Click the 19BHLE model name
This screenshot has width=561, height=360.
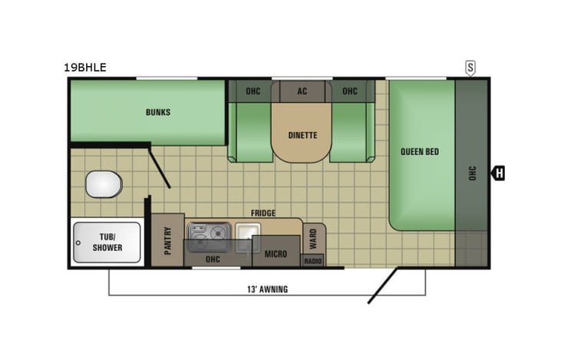[85, 68]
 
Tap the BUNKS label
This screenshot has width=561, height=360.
[158, 112]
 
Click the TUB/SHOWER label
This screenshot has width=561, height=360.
[107, 243]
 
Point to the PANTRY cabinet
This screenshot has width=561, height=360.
[167, 239]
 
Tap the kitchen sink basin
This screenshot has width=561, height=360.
[246, 231]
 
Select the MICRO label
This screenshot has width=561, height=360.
[276, 253]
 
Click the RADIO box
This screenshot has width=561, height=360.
[312, 261]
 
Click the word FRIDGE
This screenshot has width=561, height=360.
[262, 213]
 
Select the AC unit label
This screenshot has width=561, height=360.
[302, 91]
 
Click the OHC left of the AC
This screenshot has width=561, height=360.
[253, 91]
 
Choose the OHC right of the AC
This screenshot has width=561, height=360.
[350, 91]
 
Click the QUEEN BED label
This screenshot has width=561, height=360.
[420, 152]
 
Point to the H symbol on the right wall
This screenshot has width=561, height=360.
[499, 173]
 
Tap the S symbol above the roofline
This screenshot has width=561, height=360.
[470, 68]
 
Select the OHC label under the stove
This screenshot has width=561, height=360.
[213, 259]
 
